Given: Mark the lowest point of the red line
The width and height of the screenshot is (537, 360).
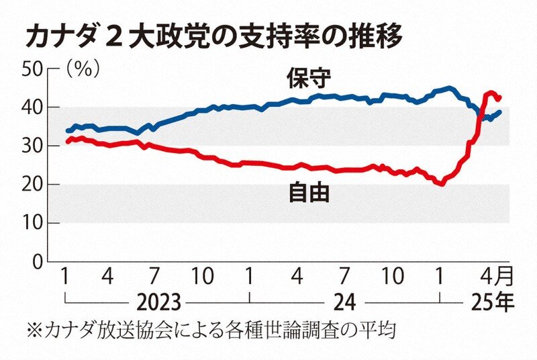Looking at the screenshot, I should [x=441, y=183].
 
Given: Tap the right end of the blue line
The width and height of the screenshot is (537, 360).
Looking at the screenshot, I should [x=500, y=111].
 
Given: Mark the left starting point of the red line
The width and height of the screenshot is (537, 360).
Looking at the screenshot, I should [x=67, y=142].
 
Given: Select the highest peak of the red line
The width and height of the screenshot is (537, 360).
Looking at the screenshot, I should [x=491, y=93].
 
